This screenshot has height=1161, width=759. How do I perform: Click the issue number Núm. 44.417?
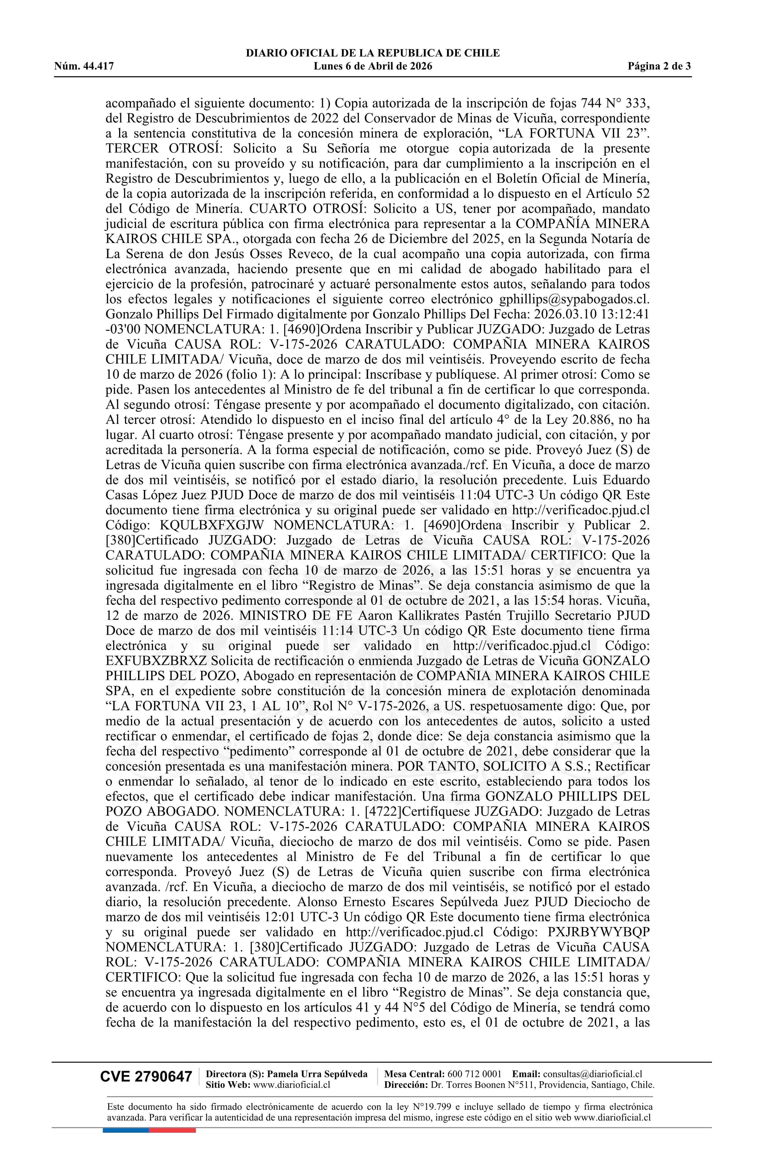tap(84, 66)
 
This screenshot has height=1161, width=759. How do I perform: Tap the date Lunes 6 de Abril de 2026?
tap(373, 66)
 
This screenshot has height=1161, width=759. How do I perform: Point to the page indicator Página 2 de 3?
tap(660, 66)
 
